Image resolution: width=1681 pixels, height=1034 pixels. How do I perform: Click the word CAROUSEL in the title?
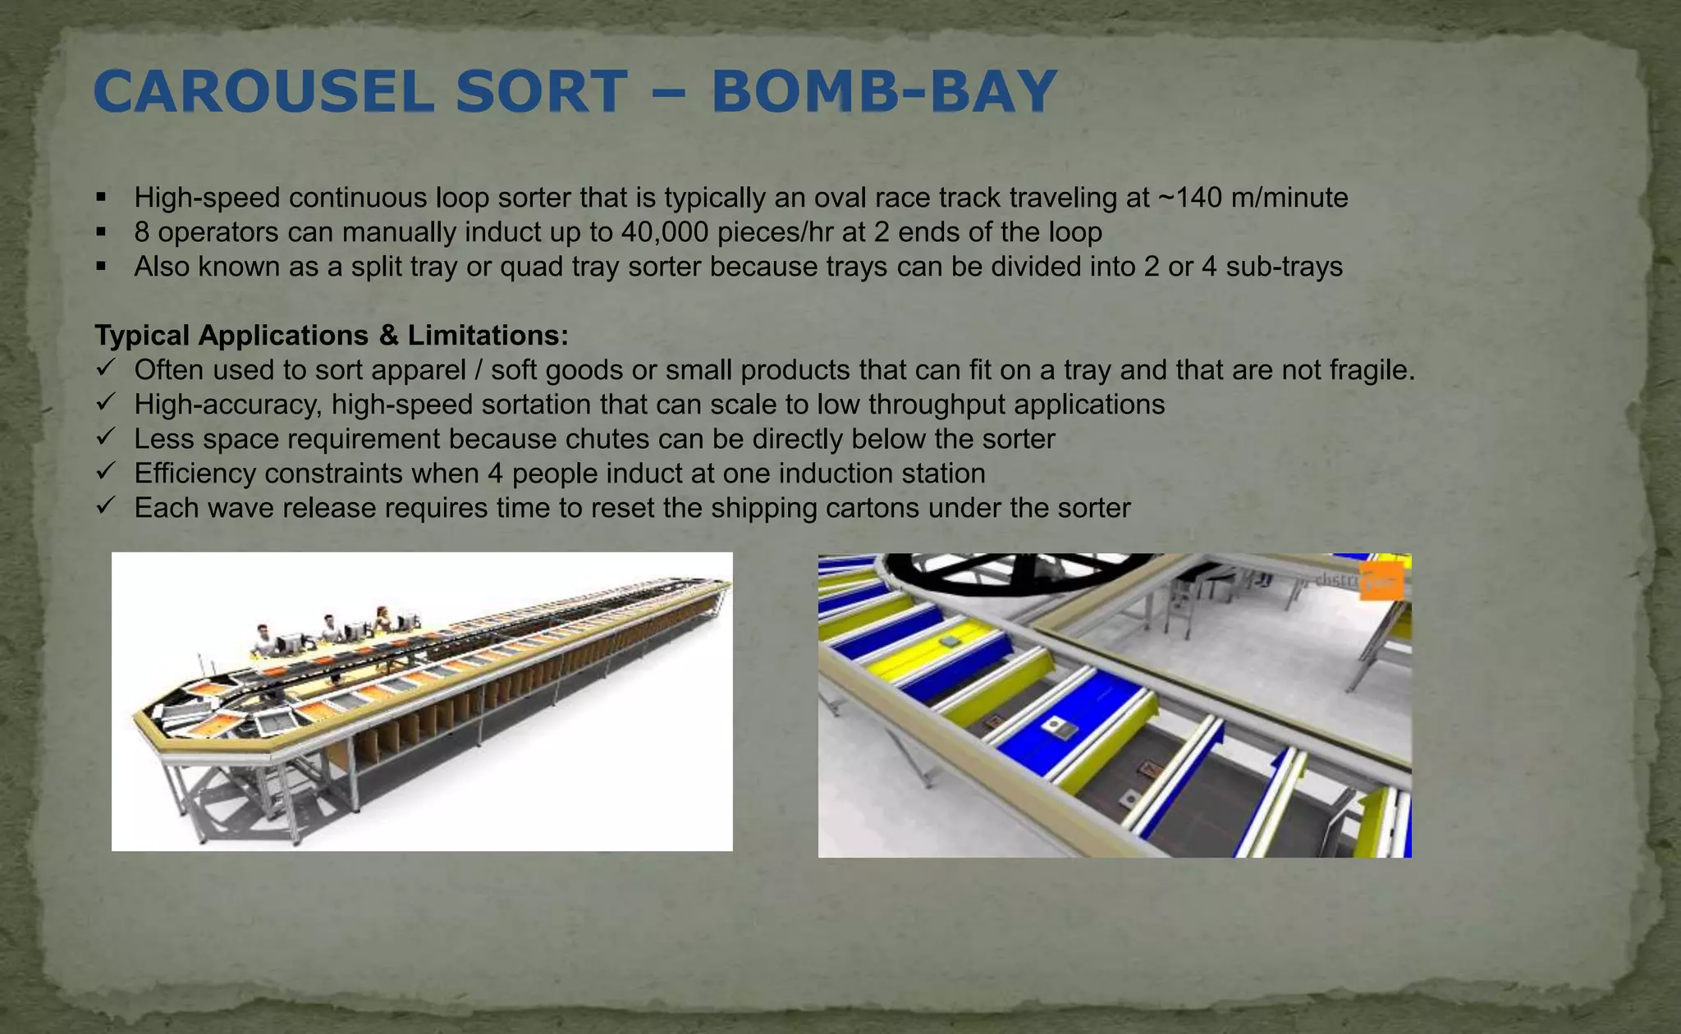[x=263, y=92]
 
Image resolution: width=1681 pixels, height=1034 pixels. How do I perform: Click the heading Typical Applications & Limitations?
[x=331, y=335]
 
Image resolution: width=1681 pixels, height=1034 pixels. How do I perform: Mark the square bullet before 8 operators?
[x=101, y=232]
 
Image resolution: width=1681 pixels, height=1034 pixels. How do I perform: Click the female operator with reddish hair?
[x=382, y=620]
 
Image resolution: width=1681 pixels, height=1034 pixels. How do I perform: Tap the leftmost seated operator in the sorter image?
[x=263, y=639]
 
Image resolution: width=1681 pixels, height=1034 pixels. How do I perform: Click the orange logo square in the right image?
[x=1381, y=582]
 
